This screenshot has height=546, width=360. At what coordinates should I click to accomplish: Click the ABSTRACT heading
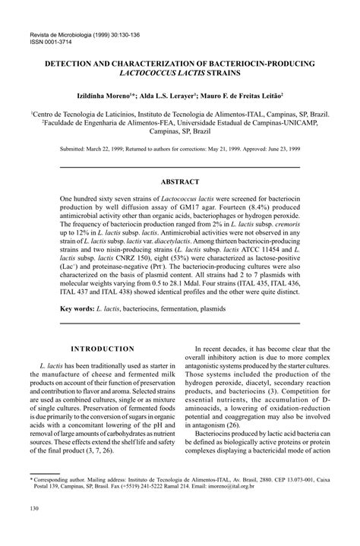[x=180, y=182]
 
